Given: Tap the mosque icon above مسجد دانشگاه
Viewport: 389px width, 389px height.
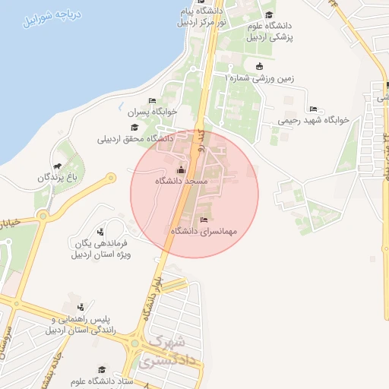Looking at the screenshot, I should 181,169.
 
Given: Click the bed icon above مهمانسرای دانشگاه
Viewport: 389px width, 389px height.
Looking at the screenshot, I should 203,220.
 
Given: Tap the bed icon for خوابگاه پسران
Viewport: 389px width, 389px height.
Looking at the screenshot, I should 152,100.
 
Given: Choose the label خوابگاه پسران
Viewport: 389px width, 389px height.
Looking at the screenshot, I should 152,112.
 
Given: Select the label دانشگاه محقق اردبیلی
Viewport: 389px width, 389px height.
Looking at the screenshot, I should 135,139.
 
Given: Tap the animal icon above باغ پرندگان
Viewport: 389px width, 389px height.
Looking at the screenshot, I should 57,166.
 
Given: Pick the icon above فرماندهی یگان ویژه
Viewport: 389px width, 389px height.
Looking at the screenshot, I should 101,231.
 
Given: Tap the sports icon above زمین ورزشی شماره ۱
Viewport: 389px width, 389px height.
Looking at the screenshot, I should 260,65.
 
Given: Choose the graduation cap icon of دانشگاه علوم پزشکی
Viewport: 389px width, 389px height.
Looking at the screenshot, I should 269,14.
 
